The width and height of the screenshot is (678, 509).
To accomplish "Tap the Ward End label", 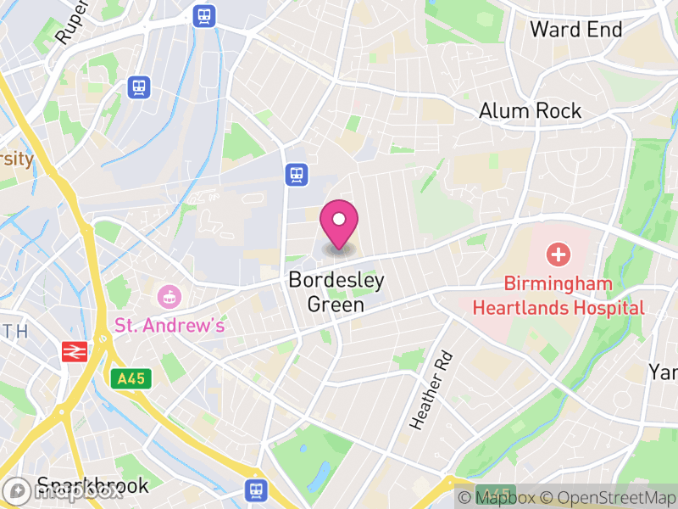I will (575, 30).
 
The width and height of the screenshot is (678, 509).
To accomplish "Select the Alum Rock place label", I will (530, 111).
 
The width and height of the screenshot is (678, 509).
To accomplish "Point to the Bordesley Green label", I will (336, 292).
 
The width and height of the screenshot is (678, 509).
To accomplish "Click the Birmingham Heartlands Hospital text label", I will (558, 295).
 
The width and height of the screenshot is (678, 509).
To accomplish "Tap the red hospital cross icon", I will (558, 254).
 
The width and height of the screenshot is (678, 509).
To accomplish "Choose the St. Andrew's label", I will (169, 325).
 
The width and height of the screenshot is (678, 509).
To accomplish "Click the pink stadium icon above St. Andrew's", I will (169, 297).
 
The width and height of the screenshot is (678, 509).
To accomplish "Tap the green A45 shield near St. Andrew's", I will (131, 378).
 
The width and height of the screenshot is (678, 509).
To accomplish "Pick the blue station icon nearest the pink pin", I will (296, 175).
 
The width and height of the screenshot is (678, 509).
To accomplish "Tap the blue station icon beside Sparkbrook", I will (255, 489).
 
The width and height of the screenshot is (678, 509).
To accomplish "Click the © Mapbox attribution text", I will (498, 497).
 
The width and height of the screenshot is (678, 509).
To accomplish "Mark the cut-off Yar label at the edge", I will (664, 372).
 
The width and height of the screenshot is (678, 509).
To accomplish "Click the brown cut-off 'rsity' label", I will (16, 159).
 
